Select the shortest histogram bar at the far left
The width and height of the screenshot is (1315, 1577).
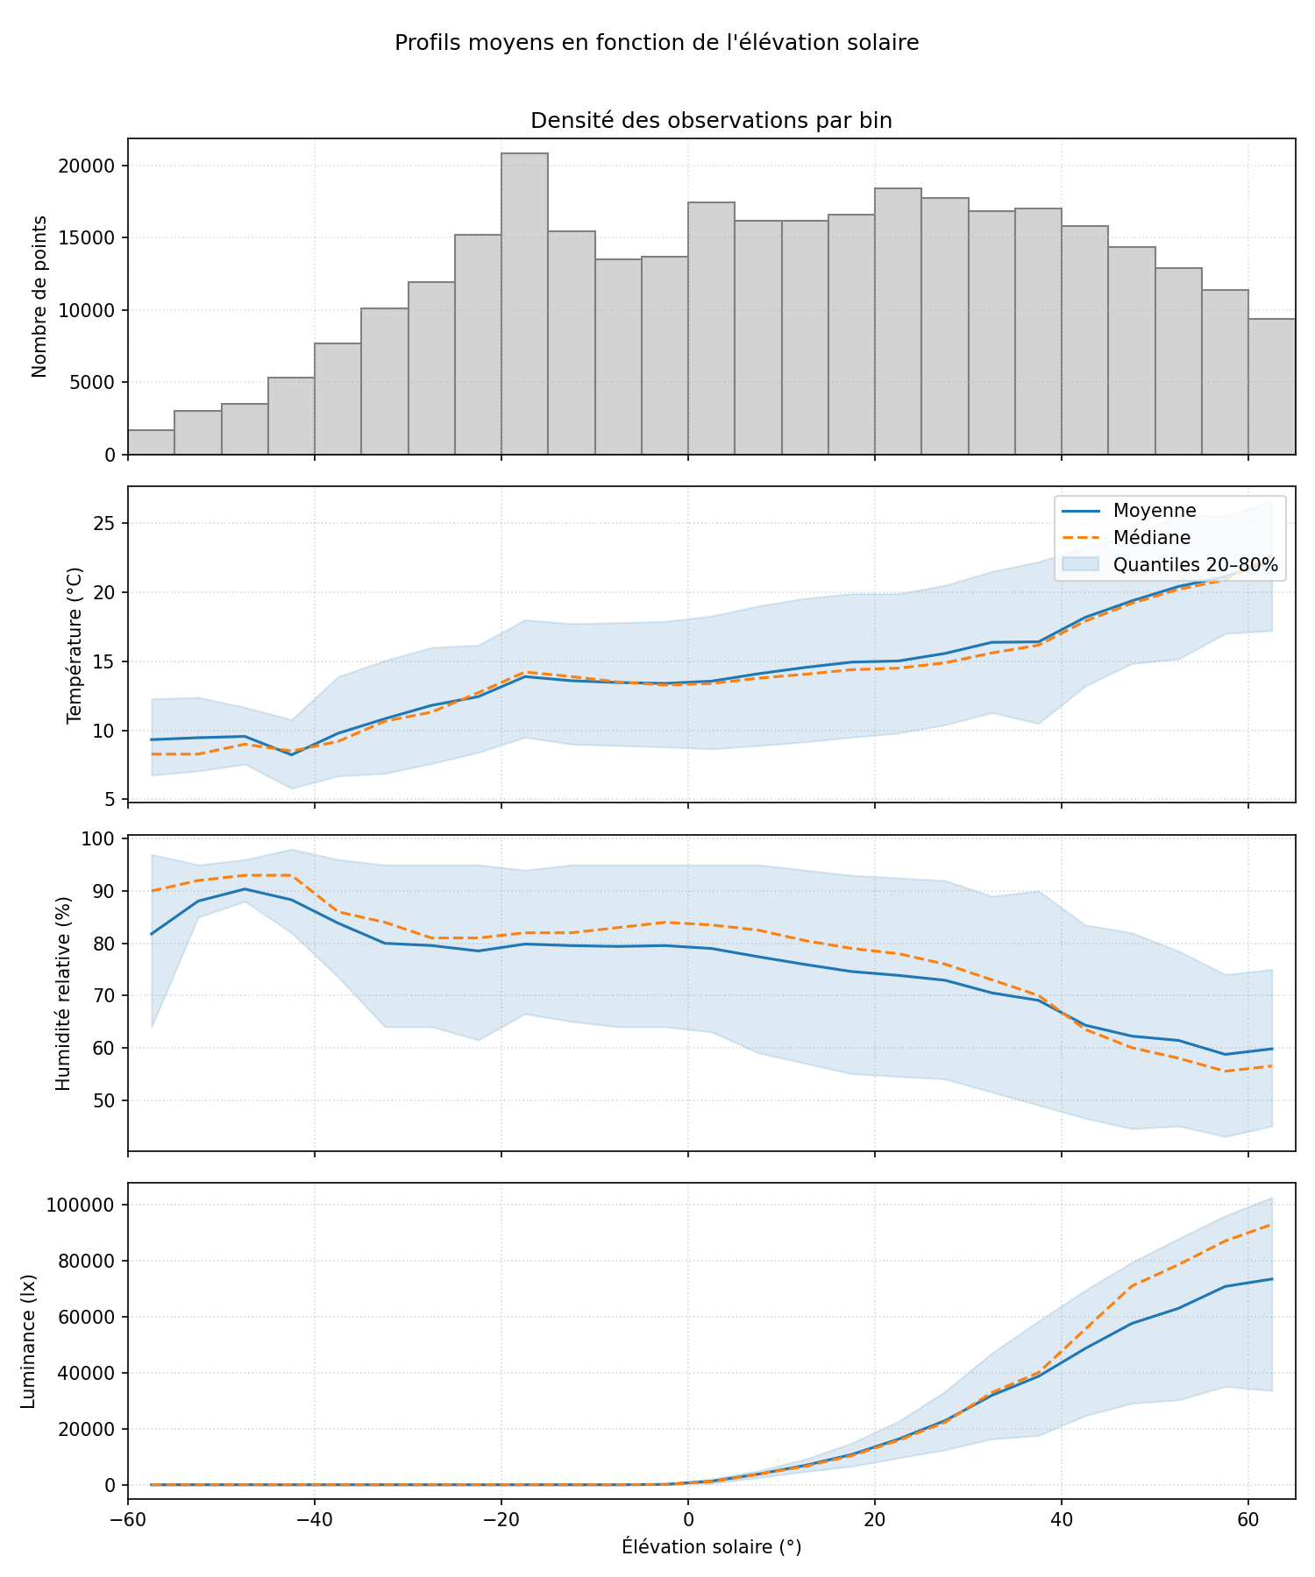pyautogui.click(x=151, y=442)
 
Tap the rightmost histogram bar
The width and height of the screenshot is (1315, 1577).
pyautogui.click(x=1271, y=386)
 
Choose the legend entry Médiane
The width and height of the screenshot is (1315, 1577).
pyautogui.click(x=1151, y=537)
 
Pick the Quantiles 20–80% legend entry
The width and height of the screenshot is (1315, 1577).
pyautogui.click(x=1195, y=565)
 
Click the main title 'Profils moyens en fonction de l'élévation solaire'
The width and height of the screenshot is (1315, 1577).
pyautogui.click(x=657, y=43)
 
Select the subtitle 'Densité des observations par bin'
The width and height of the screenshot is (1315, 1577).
pyautogui.click(x=711, y=121)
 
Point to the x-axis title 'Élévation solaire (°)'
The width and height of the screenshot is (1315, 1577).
pyautogui.click(x=711, y=1547)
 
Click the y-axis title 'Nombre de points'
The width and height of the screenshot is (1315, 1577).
pyautogui.click(x=39, y=296)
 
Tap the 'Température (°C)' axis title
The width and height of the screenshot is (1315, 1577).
pyautogui.click(x=75, y=645)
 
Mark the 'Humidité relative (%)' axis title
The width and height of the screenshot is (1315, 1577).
pyautogui.click(x=62, y=993)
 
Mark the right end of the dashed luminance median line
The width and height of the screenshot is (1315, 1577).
pyautogui.click(x=1271, y=1225)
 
